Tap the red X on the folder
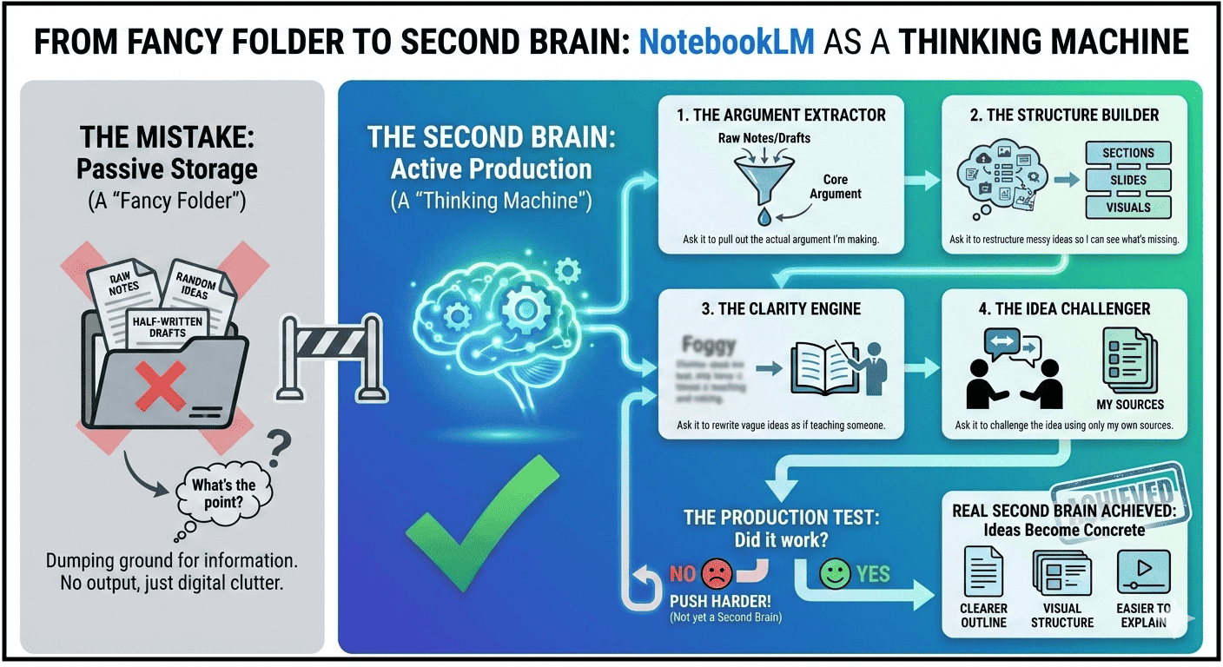pos(161,386)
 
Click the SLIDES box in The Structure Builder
pos(1127,180)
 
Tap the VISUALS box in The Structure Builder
pos(1127,208)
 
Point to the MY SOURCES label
pos(1130,404)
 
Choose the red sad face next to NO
pos(717,572)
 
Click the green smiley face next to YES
pos(835,573)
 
